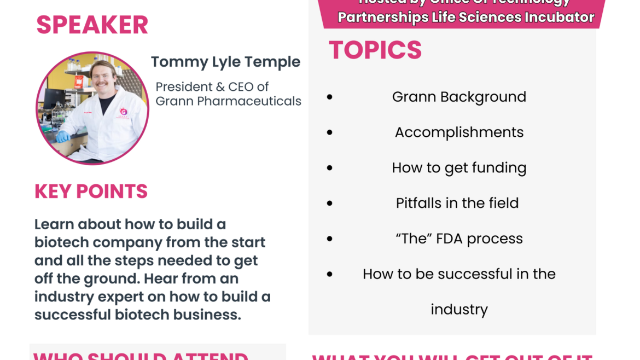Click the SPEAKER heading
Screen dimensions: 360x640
(x=92, y=25)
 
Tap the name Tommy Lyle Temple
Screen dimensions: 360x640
(x=225, y=62)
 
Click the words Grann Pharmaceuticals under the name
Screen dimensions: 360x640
(x=228, y=101)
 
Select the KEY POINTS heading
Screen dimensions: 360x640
(x=91, y=191)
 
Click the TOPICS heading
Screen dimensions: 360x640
(x=375, y=50)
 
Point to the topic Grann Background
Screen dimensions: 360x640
(x=459, y=97)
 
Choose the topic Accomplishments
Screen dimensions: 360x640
(x=459, y=132)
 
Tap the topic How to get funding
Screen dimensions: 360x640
(x=459, y=168)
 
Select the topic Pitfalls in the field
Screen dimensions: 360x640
(x=457, y=203)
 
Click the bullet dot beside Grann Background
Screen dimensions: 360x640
(x=329, y=97)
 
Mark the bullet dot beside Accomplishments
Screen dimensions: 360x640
(x=329, y=133)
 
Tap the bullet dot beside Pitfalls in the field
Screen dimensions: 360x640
(x=329, y=204)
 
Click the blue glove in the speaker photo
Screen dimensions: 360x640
(x=63, y=136)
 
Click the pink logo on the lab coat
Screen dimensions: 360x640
(x=124, y=112)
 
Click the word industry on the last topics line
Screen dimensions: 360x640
(x=459, y=310)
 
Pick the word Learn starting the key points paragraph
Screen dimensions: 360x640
(x=54, y=224)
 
